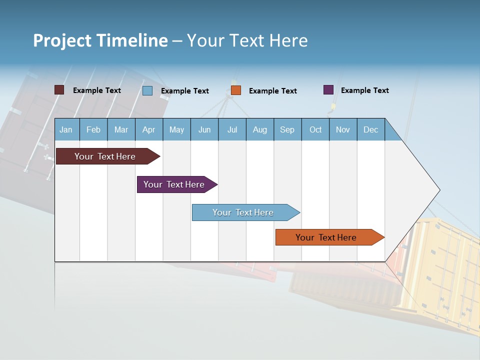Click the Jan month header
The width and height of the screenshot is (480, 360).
[x=66, y=129]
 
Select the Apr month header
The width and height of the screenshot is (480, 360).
[x=148, y=129]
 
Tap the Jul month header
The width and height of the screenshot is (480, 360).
[x=232, y=129]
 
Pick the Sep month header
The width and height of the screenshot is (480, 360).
[x=287, y=129]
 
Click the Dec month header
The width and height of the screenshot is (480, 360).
[x=370, y=129]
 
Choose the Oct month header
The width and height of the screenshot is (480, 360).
[x=315, y=129]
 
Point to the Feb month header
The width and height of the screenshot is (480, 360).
[x=93, y=129]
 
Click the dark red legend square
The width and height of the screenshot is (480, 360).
[x=59, y=90]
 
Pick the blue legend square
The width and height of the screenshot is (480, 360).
[x=147, y=90]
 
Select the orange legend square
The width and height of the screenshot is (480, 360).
[x=236, y=90]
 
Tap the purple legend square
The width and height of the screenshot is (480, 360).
[x=328, y=90]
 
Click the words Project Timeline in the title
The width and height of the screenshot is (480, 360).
[x=100, y=40]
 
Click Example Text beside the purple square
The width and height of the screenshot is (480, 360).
[x=364, y=90]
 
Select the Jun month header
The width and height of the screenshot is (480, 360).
[x=204, y=129]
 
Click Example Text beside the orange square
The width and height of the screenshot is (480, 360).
[x=272, y=91]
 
